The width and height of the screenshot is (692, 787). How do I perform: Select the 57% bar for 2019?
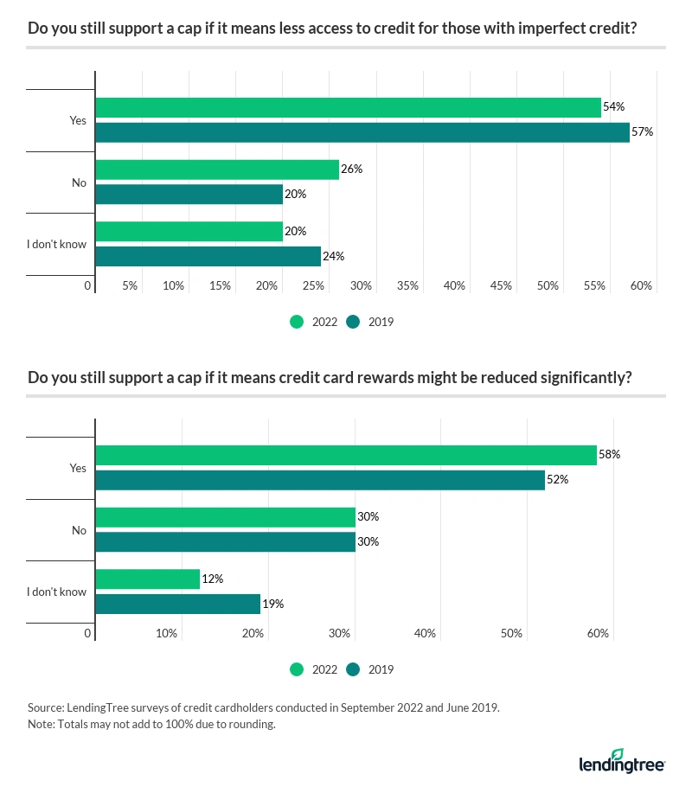[362, 132]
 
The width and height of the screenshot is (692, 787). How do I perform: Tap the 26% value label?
[351, 170]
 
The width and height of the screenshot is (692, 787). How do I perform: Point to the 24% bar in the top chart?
[208, 257]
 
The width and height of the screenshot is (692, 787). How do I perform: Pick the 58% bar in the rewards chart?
[345, 455]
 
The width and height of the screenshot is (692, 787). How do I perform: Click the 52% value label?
[557, 480]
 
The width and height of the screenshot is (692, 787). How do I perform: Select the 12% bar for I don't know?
[147, 579]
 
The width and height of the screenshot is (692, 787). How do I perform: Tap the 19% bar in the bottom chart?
[177, 604]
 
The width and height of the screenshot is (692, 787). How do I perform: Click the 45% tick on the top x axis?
[501, 285]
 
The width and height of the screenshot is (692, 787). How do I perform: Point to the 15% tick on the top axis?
[220, 285]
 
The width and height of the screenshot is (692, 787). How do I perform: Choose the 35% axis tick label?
[407, 285]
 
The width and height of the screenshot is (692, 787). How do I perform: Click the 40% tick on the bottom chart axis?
[425, 634]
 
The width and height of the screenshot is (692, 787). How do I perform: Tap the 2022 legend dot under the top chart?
[297, 322]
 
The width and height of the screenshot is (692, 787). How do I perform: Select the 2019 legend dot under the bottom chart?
[353, 669]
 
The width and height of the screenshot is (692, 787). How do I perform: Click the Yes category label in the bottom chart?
[78, 468]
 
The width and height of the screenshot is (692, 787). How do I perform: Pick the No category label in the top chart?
[79, 182]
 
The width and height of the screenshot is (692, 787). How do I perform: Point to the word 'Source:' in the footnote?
[47, 707]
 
